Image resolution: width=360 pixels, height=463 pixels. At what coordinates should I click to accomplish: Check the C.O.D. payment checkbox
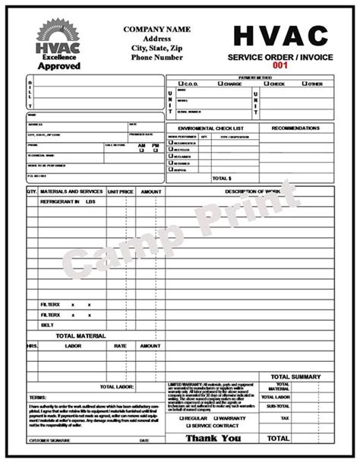180,84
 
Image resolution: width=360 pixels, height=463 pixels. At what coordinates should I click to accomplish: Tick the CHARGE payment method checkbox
220,84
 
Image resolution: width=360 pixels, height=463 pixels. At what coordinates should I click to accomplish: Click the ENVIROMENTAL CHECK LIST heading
211,128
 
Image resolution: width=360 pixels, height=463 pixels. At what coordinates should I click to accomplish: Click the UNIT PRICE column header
121,192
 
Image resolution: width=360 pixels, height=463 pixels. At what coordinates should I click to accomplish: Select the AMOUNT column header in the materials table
150,192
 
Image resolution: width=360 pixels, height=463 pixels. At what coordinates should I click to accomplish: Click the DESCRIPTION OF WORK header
258,191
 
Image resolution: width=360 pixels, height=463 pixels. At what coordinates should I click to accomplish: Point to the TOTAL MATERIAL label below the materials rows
80,335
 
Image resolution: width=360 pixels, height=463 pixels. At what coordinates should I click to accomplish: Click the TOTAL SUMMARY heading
296,376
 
